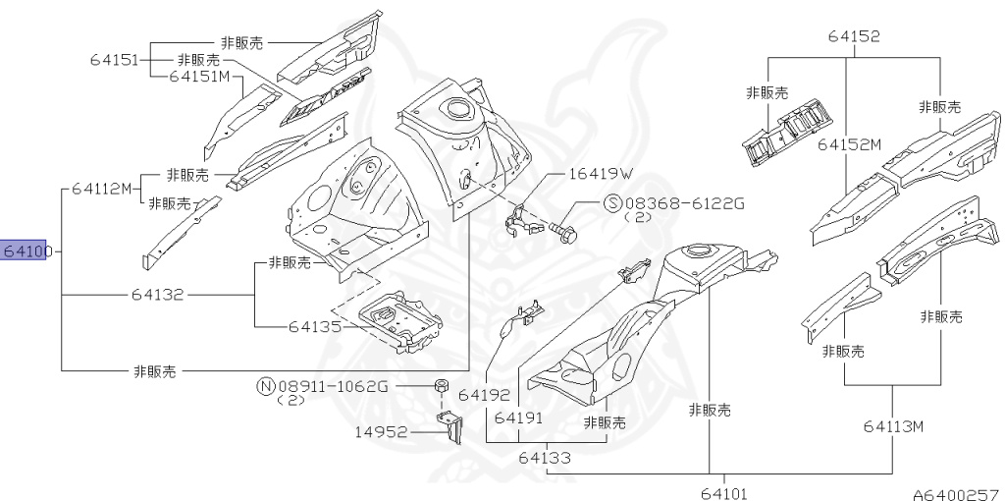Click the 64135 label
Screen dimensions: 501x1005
(315, 326)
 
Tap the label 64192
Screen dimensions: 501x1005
(484, 395)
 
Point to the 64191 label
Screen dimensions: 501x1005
(519, 417)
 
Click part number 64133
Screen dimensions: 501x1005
(545, 457)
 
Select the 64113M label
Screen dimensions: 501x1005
(894, 426)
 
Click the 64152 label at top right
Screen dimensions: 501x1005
(853, 36)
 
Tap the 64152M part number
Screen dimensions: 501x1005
(849, 144)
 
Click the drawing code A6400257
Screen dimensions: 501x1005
(954, 492)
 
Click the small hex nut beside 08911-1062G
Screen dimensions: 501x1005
(442, 385)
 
